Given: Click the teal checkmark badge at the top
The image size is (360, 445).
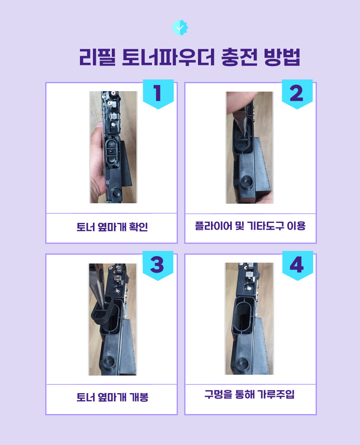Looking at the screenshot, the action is tap(180, 28).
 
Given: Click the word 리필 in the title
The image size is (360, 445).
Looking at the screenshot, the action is tap(97, 57).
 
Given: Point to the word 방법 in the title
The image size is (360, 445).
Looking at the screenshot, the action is tap(282, 57).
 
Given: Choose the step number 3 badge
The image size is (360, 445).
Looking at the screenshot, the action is tap(158, 265).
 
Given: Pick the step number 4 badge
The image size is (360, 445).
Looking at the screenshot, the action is tap(298, 265).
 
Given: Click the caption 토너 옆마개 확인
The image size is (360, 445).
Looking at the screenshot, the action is tap(112, 227).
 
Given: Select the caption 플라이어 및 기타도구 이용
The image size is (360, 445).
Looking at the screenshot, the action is tap(250, 226).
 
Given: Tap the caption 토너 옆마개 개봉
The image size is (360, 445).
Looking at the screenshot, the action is tap(113, 397).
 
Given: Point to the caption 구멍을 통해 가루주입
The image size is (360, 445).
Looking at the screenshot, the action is tap(250, 394).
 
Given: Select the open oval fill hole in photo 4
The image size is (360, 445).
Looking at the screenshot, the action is tap(244, 317).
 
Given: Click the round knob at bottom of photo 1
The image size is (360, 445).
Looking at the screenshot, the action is tap(116, 192).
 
